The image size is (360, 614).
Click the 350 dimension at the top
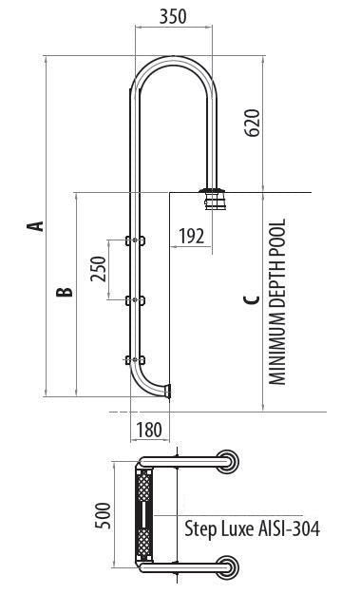[x=173, y=17]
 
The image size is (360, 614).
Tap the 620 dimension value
[x=254, y=123]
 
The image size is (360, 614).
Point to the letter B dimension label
[x=65, y=292]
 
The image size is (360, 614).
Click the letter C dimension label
[x=251, y=299]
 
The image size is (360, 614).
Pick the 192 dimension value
[x=192, y=236]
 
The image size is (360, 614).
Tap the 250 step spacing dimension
[x=98, y=269]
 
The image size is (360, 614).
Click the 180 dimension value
[x=149, y=430]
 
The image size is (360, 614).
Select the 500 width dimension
[x=104, y=516]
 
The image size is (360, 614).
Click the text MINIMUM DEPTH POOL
[x=277, y=301]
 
